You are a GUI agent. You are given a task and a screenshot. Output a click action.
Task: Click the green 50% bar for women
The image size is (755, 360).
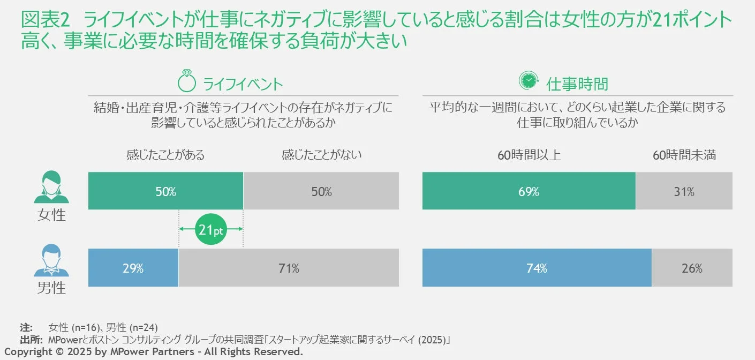[x=165, y=191]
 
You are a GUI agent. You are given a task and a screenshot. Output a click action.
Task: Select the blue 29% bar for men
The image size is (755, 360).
[x=133, y=268]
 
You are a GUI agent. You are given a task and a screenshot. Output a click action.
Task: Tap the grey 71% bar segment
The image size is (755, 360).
[x=289, y=268]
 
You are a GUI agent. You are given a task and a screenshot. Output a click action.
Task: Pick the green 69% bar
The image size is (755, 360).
[x=528, y=191]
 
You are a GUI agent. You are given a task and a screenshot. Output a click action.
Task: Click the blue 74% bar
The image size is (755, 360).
[x=537, y=268]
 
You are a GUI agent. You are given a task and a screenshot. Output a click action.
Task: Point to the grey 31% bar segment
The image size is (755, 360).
[x=684, y=191]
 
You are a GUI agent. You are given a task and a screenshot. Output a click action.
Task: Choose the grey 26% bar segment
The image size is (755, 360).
[x=692, y=268]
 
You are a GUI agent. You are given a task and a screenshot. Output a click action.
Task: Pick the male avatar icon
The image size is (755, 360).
[x=51, y=261]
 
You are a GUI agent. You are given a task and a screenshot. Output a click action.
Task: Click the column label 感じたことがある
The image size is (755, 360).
[x=165, y=155]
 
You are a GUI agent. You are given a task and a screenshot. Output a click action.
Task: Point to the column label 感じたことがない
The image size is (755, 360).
[x=321, y=155]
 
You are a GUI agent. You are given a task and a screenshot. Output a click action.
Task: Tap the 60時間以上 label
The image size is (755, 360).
[x=529, y=155]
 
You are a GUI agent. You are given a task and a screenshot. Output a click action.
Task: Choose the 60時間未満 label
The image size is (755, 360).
[x=684, y=155]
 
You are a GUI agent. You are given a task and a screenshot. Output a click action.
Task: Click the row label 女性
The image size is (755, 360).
[x=51, y=215]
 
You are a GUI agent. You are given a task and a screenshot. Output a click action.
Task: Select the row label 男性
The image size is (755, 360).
[x=51, y=288]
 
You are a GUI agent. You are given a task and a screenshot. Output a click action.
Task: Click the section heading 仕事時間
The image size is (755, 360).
[x=577, y=84]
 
